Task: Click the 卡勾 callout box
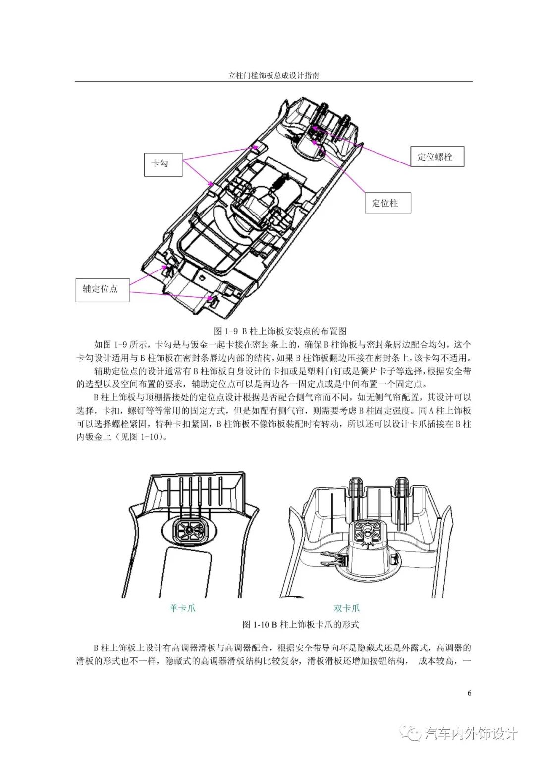[163, 163]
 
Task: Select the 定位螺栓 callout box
[437, 157]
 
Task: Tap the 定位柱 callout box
[387, 203]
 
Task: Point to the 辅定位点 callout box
[103, 289]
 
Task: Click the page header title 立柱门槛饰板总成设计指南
[273, 76]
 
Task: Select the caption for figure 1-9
[279, 331]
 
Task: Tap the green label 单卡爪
[183, 608]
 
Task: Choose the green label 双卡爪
[347, 608]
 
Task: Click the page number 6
[469, 693]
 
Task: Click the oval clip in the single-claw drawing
[189, 530]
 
